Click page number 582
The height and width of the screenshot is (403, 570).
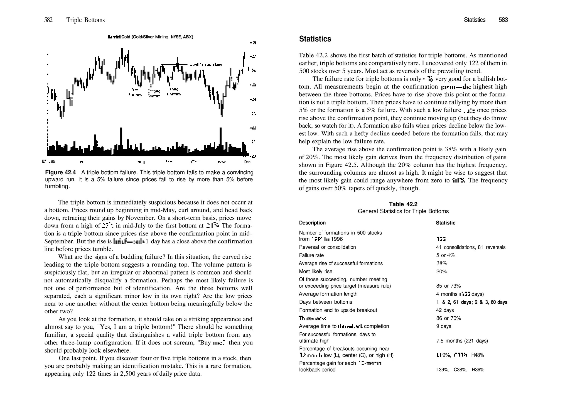(48, 20)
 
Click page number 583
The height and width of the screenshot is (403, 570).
(503, 20)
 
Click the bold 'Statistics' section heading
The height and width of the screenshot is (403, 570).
(315, 39)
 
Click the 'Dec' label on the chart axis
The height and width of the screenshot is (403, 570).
(247, 162)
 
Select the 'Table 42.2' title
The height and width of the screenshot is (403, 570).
(403, 204)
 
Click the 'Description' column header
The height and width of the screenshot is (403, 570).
(312, 223)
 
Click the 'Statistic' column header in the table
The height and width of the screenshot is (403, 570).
(445, 223)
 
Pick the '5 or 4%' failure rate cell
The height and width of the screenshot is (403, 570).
(445, 255)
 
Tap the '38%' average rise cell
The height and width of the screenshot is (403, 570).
(441, 263)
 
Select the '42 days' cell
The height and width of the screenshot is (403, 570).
(445, 310)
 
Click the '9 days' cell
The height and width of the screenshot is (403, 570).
(444, 326)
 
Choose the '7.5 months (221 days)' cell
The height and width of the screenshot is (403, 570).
(462, 341)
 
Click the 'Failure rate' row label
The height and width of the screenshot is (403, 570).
(311, 255)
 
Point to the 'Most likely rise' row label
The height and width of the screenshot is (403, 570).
(315, 272)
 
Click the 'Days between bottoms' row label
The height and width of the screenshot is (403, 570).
(325, 302)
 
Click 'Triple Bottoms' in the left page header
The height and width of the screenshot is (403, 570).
(85, 20)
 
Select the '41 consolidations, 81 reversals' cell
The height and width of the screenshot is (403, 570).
(470, 247)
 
